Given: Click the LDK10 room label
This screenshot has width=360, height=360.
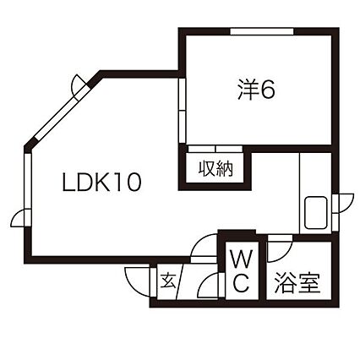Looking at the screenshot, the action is coord(101,183).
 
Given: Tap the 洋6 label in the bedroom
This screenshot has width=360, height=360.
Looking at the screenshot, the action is coord(256,90).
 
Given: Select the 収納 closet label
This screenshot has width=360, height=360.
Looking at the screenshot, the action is coord(216,169).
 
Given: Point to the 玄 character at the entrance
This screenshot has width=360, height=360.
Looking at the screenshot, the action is coord(168,280).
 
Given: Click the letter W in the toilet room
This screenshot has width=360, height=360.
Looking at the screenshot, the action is coord(242,259).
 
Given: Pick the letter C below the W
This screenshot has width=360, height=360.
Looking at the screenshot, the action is coord(242,283).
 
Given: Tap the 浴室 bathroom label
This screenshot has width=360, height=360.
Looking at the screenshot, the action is coord(297,283).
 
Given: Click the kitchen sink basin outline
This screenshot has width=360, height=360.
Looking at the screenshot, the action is coord(316,212).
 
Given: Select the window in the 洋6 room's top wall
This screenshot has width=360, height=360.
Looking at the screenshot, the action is coord(262,31).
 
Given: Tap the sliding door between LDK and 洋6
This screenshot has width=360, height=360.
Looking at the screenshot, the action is coord(183,111).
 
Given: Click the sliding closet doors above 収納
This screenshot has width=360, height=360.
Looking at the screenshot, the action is coord(215,149).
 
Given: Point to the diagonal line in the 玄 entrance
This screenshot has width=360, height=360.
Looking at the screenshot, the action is coord(180,281).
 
